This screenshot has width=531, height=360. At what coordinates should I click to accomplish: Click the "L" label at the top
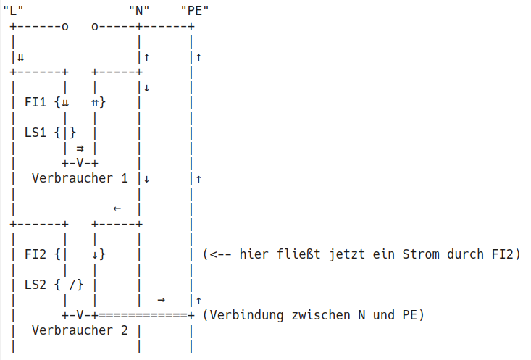pos(12,10)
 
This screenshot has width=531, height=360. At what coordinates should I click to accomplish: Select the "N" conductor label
pos(138,10)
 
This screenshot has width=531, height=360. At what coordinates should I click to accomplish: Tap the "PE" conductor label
pos(193,10)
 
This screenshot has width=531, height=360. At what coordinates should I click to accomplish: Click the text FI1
pos(36,102)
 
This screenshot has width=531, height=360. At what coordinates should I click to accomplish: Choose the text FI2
pos(36,254)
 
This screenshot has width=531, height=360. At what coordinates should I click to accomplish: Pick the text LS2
pos(36,285)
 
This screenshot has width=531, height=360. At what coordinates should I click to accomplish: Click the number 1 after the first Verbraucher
pos(124,178)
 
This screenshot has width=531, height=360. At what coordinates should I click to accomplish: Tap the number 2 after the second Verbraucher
pos(124,330)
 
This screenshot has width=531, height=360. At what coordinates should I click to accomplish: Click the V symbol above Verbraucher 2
pos(80,315)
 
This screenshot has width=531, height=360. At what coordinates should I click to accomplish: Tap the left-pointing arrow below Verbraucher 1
pos(117,209)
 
